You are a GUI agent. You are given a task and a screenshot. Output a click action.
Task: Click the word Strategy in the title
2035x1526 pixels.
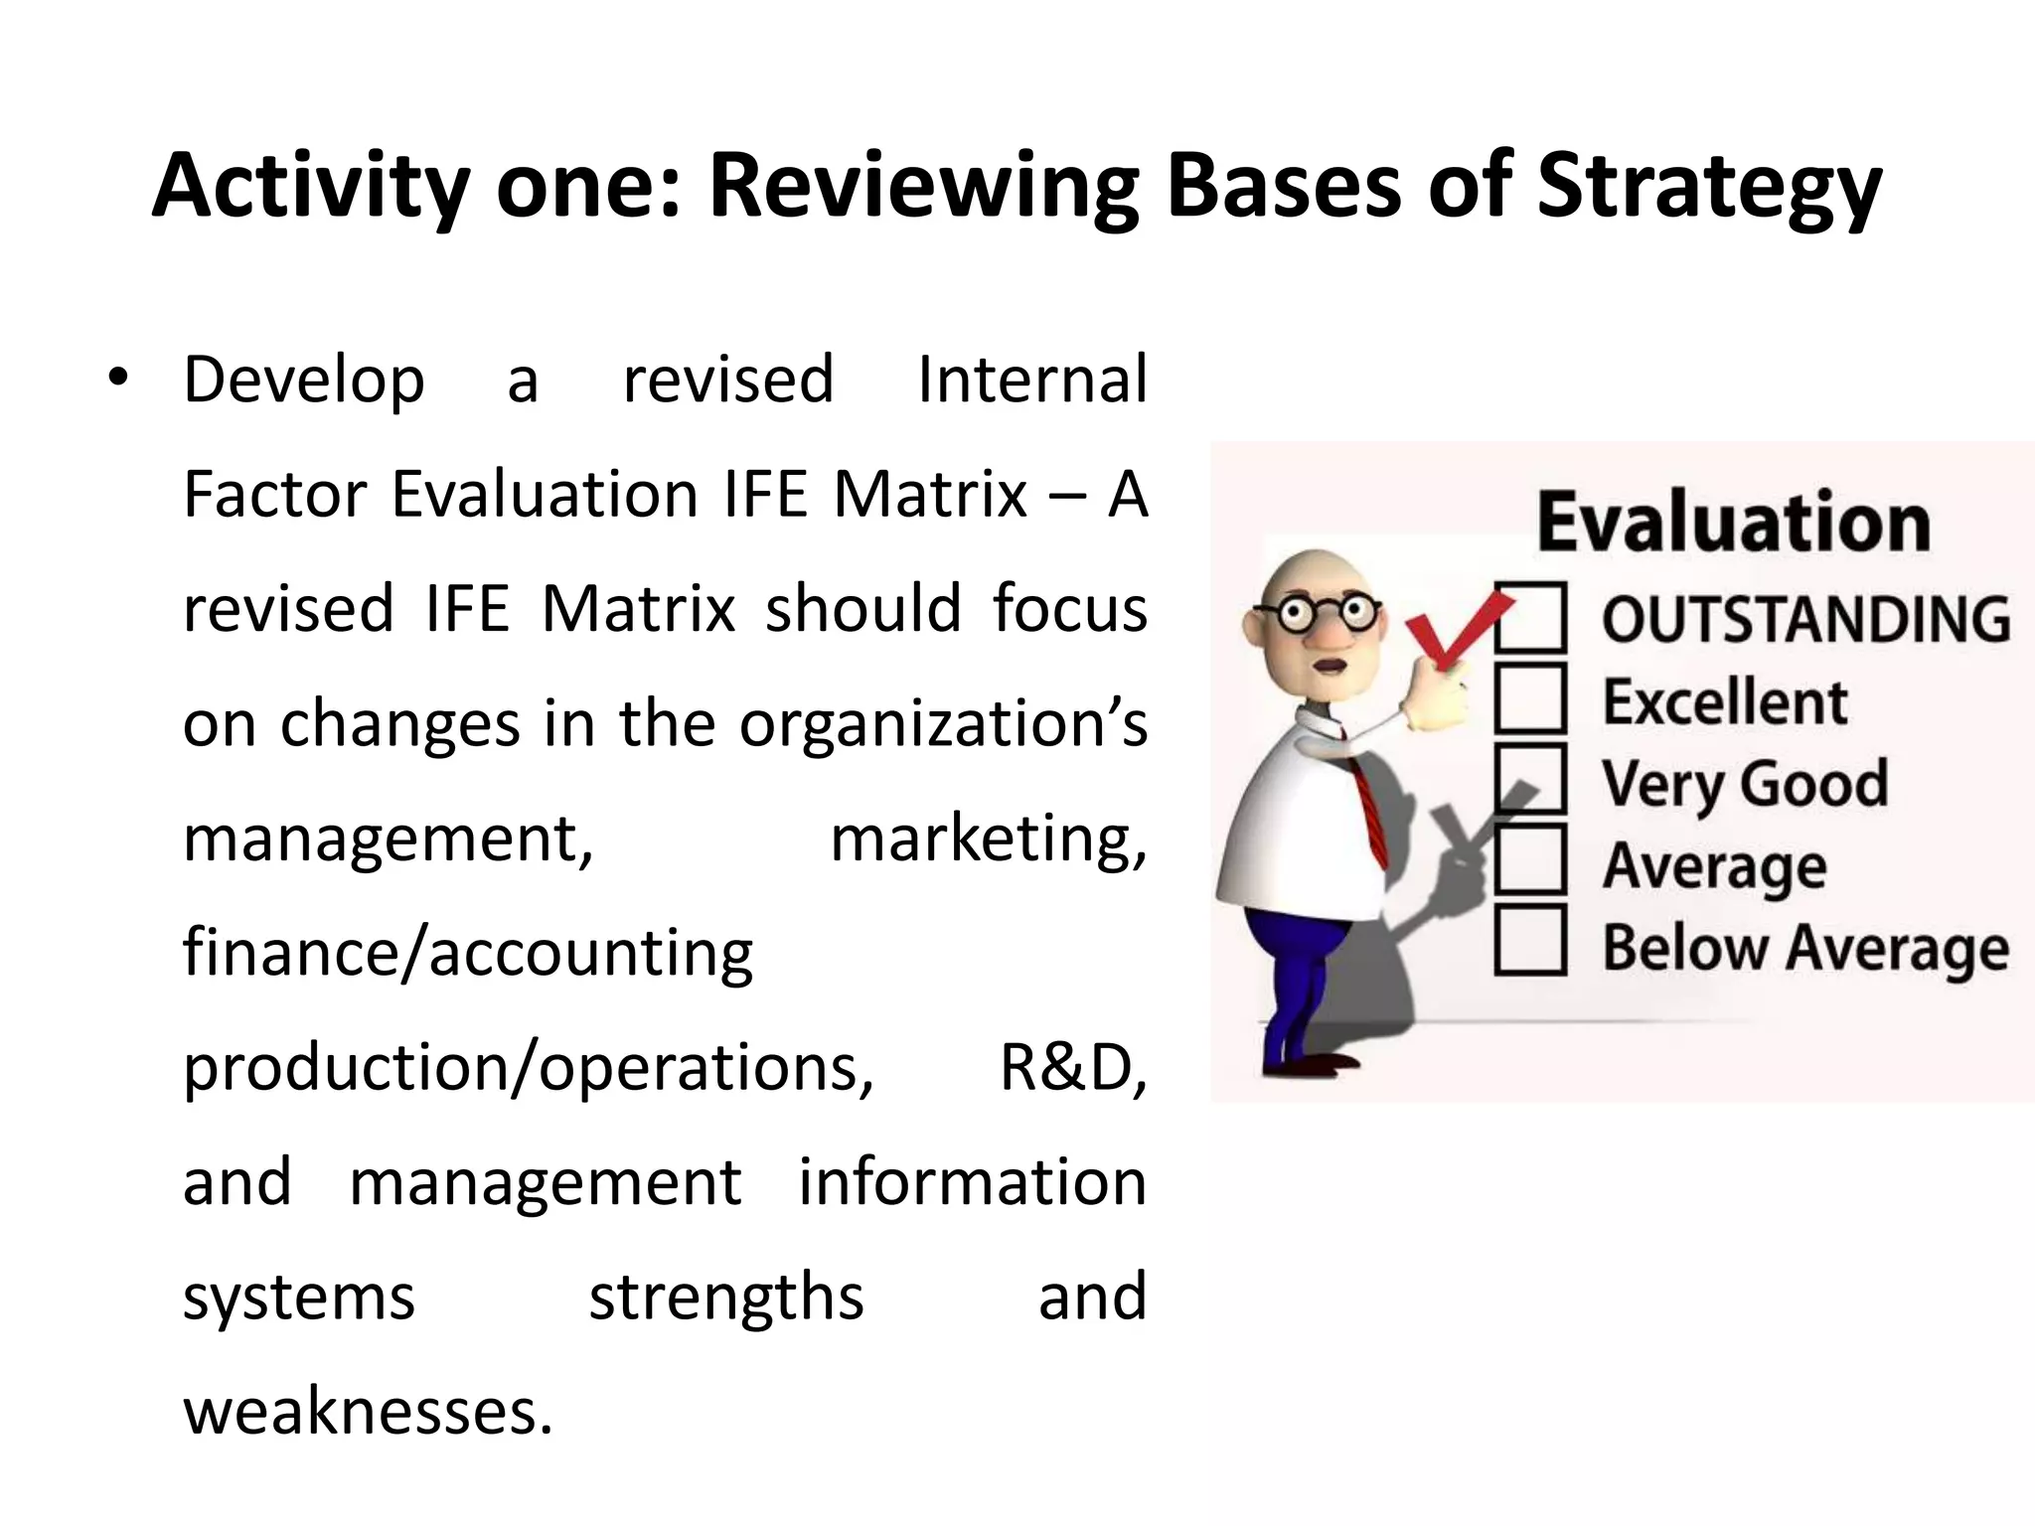(1708, 189)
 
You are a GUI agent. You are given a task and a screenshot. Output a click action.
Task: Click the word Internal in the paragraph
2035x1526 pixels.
(1031, 380)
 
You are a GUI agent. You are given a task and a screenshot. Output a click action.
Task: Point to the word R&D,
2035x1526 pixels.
(1072, 1068)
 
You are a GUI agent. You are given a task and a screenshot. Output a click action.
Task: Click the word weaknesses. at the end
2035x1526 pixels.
(368, 1412)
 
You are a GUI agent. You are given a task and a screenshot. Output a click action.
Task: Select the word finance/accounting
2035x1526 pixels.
(468, 953)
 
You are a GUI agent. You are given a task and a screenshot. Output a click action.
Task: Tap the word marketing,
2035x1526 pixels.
(988, 839)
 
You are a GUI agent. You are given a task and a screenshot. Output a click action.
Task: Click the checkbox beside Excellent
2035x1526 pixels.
(1530, 699)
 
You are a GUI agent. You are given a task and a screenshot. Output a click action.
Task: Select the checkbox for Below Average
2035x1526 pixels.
(1530, 940)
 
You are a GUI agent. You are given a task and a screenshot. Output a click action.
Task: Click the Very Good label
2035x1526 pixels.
(1745, 784)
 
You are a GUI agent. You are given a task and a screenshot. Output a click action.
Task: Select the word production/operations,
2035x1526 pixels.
(528, 1068)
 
